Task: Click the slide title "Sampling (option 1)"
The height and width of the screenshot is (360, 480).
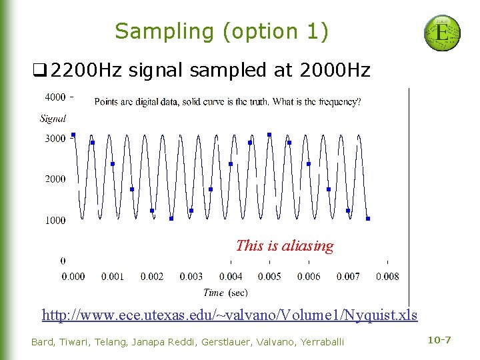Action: click(222, 31)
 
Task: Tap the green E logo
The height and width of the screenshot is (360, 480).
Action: click(442, 33)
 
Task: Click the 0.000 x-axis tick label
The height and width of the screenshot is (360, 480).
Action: click(73, 276)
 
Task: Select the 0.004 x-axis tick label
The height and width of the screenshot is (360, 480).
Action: click(231, 276)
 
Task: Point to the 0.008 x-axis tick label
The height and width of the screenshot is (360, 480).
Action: click(387, 276)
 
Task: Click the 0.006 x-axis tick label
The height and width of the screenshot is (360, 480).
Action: click(309, 276)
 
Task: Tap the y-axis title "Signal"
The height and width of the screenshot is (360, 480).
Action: click(53, 119)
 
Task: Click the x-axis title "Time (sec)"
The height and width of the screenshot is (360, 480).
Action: click(225, 293)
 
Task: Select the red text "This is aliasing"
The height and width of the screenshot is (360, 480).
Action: click(285, 245)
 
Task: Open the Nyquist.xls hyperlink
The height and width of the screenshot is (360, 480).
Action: click(229, 315)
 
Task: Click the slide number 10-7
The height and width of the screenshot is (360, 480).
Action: click(439, 341)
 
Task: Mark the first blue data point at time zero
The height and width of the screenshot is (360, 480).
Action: click(73, 135)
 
